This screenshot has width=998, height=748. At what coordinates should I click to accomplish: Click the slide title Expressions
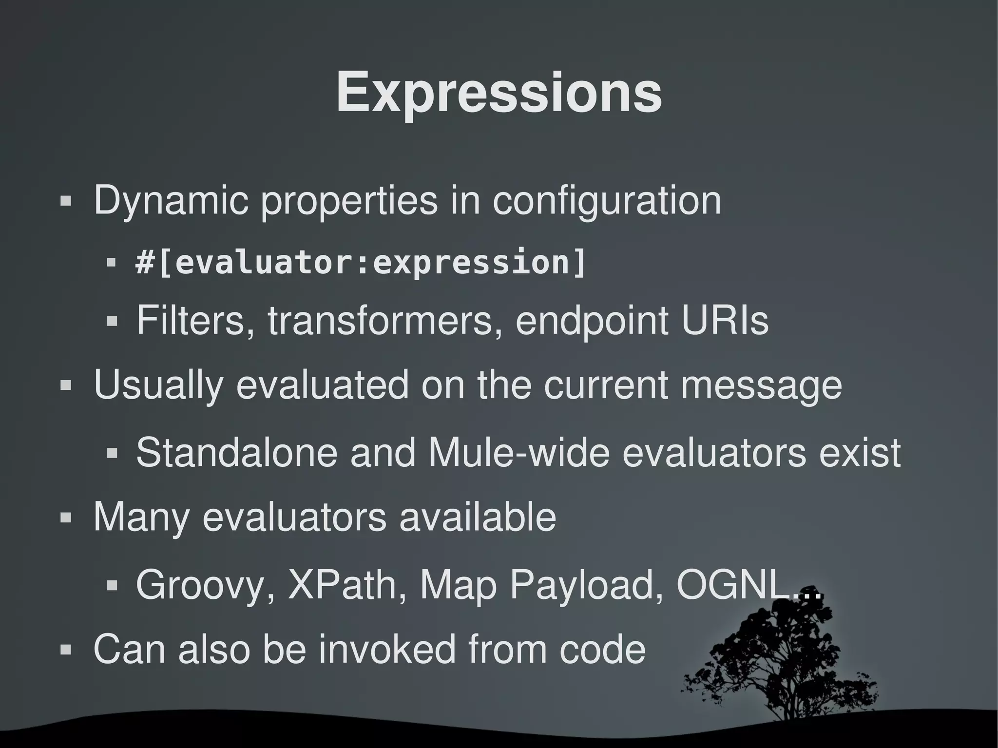(x=499, y=93)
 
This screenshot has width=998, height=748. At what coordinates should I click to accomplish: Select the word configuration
(x=606, y=200)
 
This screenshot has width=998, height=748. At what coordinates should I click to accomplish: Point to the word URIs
(x=725, y=320)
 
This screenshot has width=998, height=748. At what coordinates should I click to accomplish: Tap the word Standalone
(x=236, y=452)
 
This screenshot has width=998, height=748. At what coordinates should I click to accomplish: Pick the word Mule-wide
(x=519, y=452)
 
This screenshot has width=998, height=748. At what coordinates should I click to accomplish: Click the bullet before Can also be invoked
(x=65, y=650)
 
